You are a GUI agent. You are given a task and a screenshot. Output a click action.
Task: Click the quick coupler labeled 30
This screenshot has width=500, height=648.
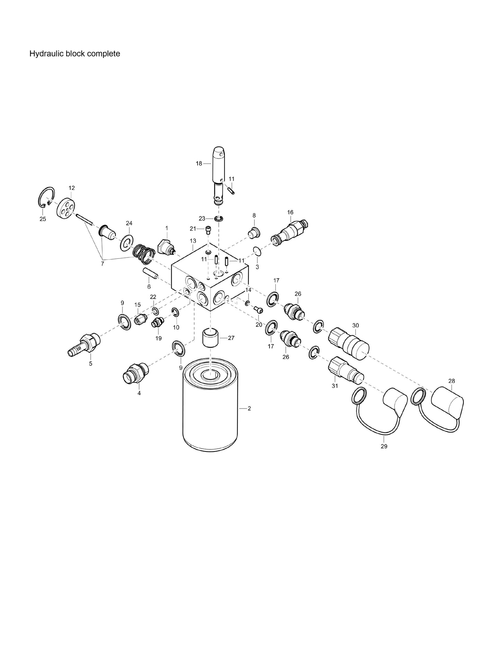(348, 343)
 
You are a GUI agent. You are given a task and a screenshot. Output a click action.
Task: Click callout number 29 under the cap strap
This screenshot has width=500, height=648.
(384, 446)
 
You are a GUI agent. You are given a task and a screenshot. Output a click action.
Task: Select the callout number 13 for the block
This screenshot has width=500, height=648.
(193, 240)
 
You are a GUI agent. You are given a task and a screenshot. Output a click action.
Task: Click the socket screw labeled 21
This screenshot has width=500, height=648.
(208, 230)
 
